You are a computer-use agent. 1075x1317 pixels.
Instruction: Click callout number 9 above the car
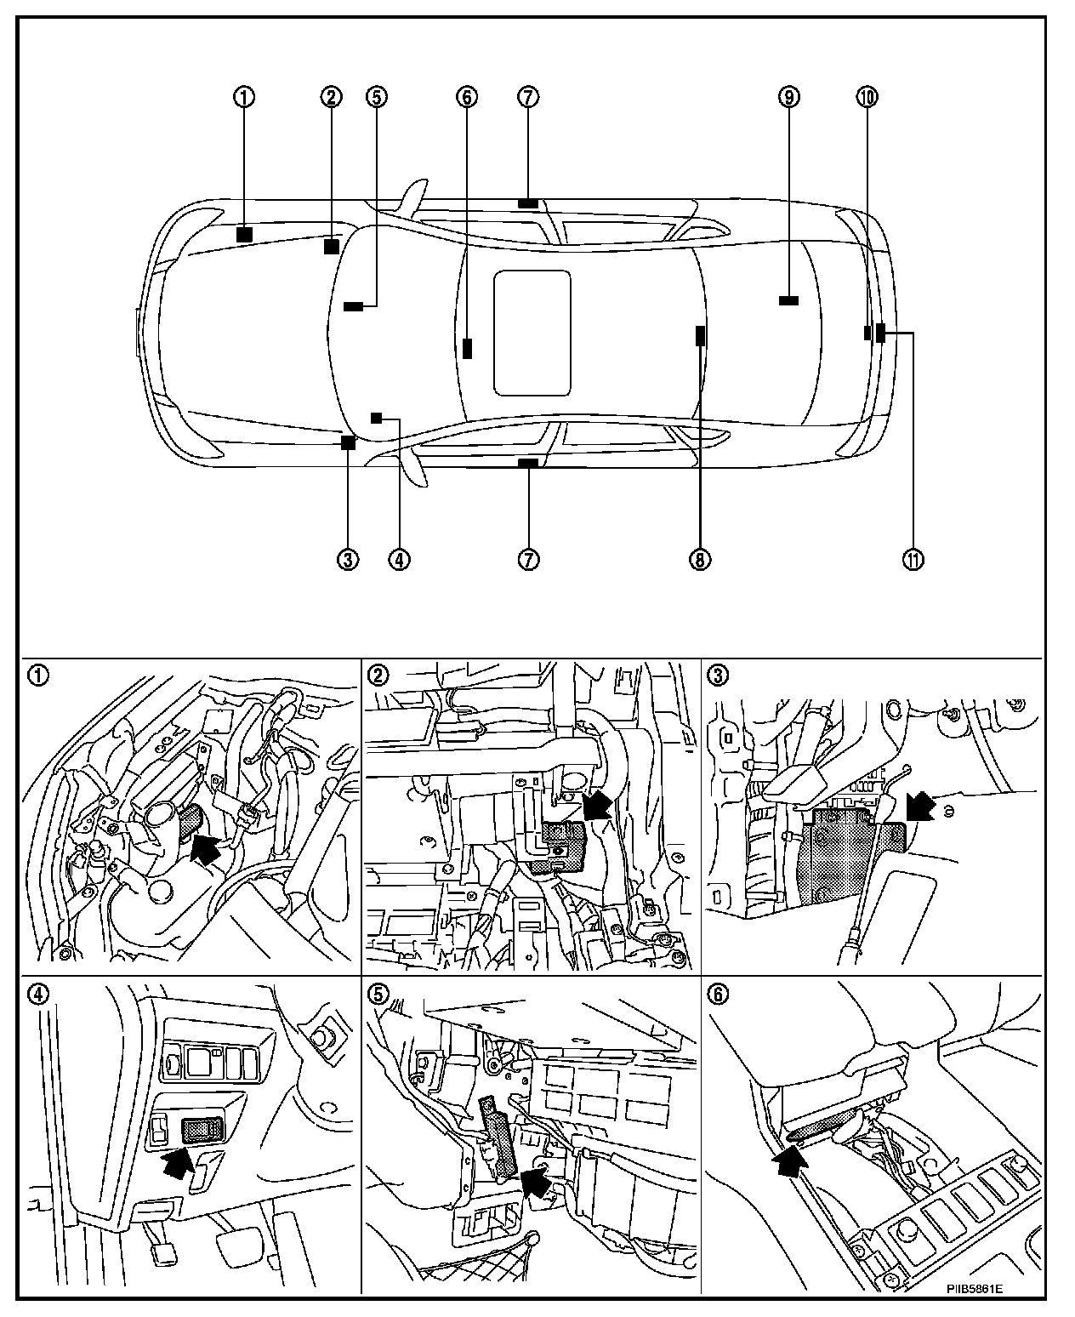coord(788,97)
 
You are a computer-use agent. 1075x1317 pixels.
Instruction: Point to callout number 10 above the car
coord(867,97)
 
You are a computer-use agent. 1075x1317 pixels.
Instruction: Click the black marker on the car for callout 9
coord(788,299)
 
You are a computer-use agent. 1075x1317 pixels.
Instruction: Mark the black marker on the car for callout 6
coord(468,348)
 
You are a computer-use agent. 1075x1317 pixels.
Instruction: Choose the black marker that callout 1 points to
coord(244,234)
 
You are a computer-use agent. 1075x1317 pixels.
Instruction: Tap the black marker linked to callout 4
coord(377,416)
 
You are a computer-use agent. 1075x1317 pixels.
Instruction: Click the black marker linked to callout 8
coord(700,335)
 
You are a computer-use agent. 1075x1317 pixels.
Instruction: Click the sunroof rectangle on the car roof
coord(532,333)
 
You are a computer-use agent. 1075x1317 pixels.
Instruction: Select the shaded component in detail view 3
coord(838,858)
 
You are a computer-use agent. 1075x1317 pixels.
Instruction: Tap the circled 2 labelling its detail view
coord(376,675)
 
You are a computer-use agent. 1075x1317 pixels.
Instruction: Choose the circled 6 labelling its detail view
coord(719,993)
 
